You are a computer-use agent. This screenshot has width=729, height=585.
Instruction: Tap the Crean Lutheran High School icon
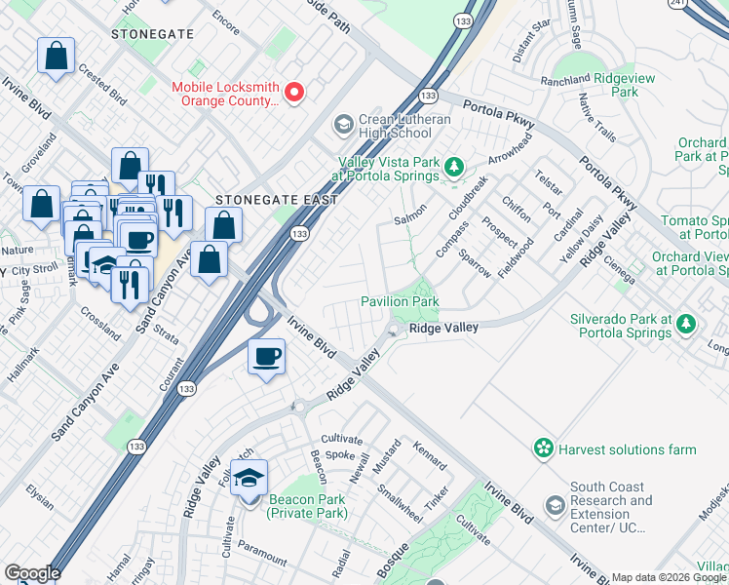point(342,124)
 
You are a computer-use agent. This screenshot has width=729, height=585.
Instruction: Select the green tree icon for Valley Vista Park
point(452,168)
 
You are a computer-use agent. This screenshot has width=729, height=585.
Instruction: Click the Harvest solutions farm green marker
point(543,448)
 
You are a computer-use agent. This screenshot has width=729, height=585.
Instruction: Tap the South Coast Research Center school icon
point(555,506)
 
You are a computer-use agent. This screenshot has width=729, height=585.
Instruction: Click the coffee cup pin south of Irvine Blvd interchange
point(265,357)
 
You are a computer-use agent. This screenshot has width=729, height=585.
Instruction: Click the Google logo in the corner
point(32,573)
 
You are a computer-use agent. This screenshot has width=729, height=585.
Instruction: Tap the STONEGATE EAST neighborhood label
point(276,200)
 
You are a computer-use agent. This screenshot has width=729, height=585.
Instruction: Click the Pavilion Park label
point(400,302)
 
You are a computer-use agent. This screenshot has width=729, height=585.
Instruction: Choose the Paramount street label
point(261,556)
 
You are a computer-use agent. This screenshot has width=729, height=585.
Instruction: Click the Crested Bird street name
point(103,85)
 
